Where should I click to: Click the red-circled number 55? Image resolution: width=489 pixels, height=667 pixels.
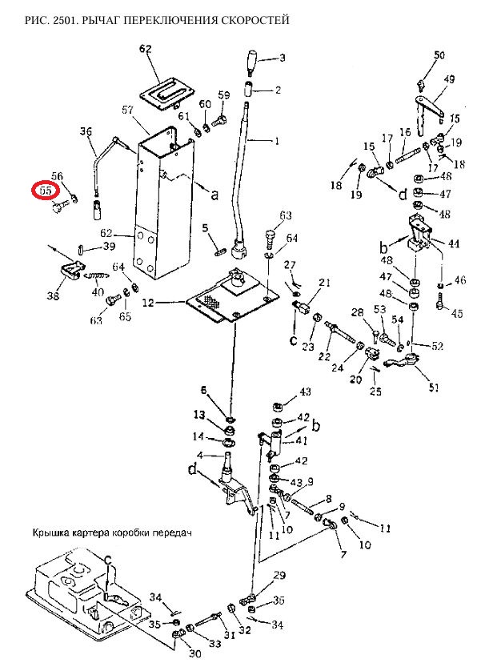(x=45, y=191)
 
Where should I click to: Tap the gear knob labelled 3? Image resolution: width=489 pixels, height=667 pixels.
(x=253, y=60)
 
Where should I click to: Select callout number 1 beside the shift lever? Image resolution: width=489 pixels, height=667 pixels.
(x=277, y=141)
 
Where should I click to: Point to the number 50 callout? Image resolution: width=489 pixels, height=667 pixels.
(x=439, y=55)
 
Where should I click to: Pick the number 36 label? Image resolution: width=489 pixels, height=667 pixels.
(x=86, y=131)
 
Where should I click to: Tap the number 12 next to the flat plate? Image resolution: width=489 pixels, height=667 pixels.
(x=148, y=303)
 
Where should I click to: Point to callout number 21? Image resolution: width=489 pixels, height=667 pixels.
(x=324, y=283)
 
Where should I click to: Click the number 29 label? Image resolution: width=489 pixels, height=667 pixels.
(x=279, y=576)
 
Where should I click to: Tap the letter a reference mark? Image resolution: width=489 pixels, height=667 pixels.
(x=214, y=193)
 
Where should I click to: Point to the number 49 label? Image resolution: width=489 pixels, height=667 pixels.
(x=449, y=79)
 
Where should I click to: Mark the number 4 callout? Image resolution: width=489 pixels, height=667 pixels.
(x=204, y=456)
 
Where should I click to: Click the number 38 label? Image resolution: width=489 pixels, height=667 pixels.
(x=54, y=295)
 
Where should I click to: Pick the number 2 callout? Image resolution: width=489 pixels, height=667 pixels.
(x=278, y=90)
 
